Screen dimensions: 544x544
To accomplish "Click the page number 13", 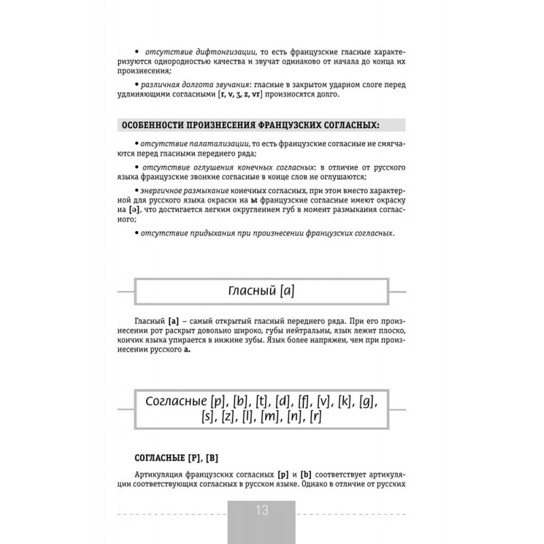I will coord(262,511).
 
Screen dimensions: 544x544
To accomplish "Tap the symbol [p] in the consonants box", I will coord(218,401).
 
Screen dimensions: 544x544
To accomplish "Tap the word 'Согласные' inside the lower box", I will coord(175,401).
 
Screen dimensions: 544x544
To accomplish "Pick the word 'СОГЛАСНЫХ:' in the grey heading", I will coord(347,125).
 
